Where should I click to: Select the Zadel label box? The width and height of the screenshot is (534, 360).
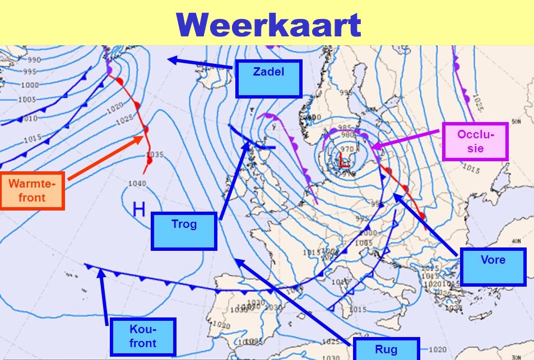point(268,78)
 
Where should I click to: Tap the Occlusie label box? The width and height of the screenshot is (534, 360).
point(475,142)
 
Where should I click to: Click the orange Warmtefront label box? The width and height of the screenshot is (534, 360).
point(32,191)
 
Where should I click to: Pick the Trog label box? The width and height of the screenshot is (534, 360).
point(184,231)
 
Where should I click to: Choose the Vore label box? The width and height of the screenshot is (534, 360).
point(493,267)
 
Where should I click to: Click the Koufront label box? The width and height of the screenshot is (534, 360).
point(143,336)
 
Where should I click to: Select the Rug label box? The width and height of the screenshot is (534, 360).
point(386,349)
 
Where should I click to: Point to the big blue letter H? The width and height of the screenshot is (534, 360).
point(139,210)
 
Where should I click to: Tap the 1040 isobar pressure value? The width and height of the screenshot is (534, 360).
point(137,184)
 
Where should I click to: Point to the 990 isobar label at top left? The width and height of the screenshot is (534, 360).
point(34,60)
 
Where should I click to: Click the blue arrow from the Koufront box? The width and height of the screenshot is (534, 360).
point(104,297)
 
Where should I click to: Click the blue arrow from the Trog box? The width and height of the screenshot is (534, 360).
point(234,179)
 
